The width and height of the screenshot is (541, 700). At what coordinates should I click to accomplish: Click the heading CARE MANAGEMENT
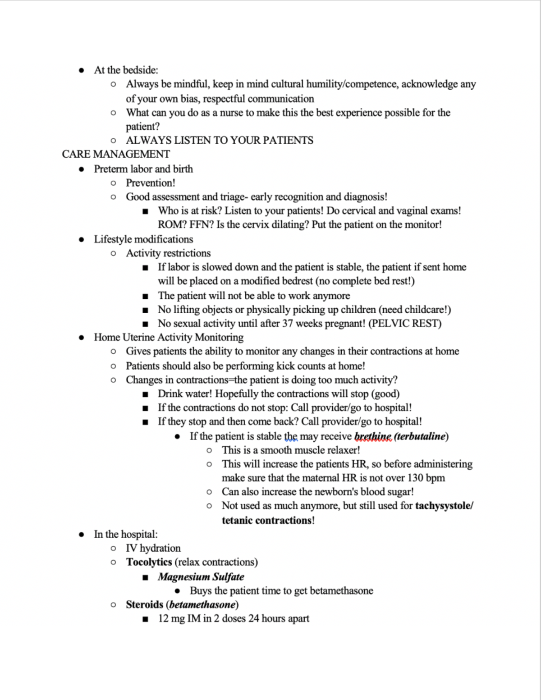click(x=116, y=154)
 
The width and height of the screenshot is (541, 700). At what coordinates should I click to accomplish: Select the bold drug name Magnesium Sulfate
click(x=201, y=576)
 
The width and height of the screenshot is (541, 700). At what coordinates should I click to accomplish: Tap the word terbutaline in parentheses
click(x=421, y=436)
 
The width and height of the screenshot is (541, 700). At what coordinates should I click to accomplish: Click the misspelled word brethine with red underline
click(x=372, y=436)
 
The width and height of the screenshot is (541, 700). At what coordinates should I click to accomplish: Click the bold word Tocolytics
click(x=149, y=562)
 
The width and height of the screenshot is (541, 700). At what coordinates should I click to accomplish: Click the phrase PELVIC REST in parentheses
click(x=405, y=324)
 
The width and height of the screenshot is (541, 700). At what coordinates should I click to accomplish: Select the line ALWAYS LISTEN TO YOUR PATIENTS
click(x=220, y=140)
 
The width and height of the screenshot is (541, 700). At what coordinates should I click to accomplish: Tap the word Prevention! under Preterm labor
click(x=151, y=183)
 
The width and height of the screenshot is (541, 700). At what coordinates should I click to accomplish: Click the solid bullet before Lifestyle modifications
click(x=82, y=239)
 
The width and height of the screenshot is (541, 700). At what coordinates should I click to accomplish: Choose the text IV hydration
click(x=153, y=548)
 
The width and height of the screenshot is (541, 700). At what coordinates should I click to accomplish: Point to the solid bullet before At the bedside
click(x=82, y=70)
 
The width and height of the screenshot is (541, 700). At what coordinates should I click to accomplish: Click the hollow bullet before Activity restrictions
click(x=113, y=253)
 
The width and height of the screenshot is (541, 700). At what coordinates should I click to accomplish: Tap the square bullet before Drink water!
click(x=145, y=394)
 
